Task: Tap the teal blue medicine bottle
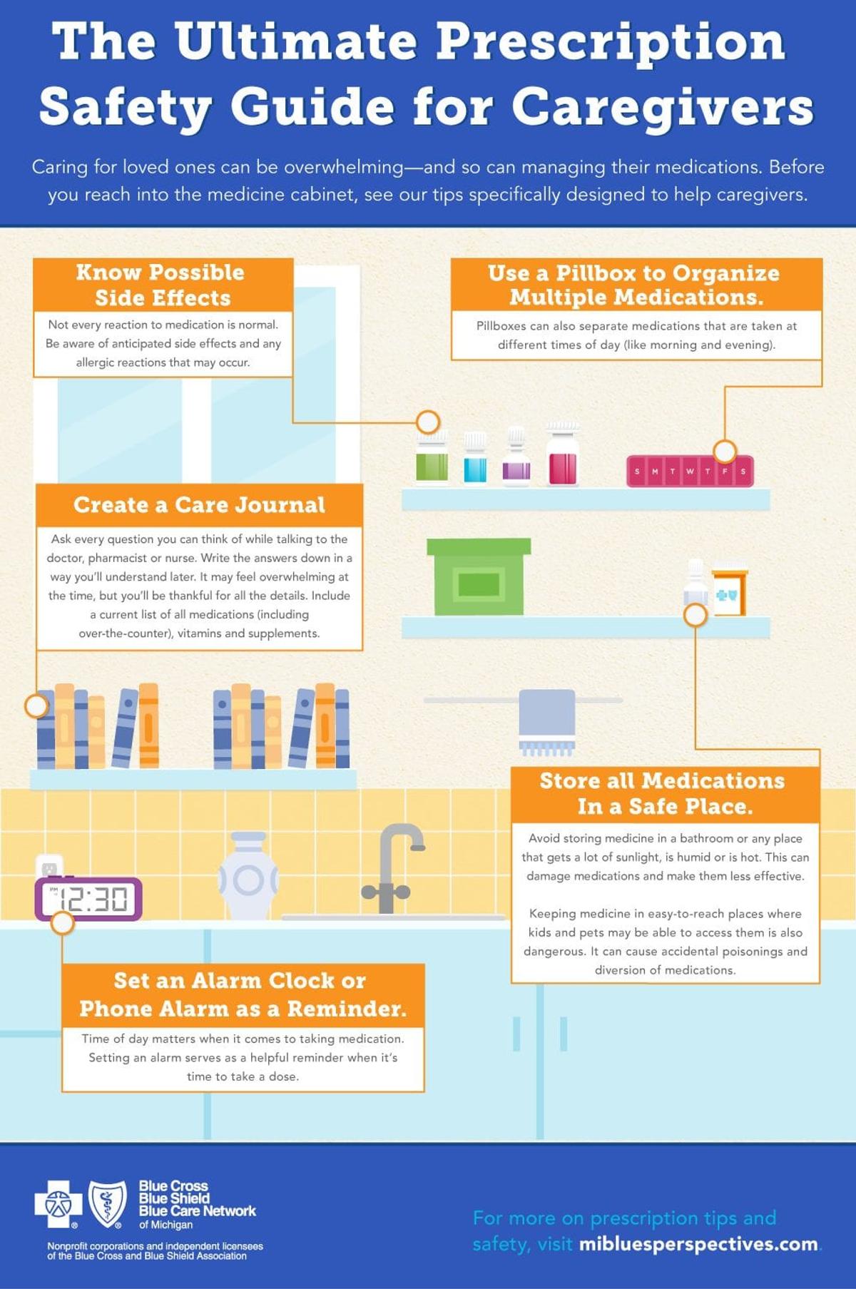(x=475, y=462)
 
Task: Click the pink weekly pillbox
(x=690, y=472)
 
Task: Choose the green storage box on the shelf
(x=479, y=577)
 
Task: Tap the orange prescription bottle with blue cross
(x=729, y=591)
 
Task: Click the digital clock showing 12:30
(x=89, y=899)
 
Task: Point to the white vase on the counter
(x=248, y=876)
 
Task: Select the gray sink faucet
(x=392, y=867)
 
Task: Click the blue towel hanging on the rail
(x=546, y=718)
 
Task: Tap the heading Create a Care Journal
(x=199, y=505)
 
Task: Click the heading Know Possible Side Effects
(x=162, y=285)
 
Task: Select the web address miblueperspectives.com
(x=698, y=1244)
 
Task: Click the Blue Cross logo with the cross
(x=54, y=1204)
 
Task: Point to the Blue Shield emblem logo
(x=107, y=1203)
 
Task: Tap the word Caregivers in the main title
(x=663, y=107)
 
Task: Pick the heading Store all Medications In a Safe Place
(x=663, y=793)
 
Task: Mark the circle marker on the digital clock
(x=63, y=922)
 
